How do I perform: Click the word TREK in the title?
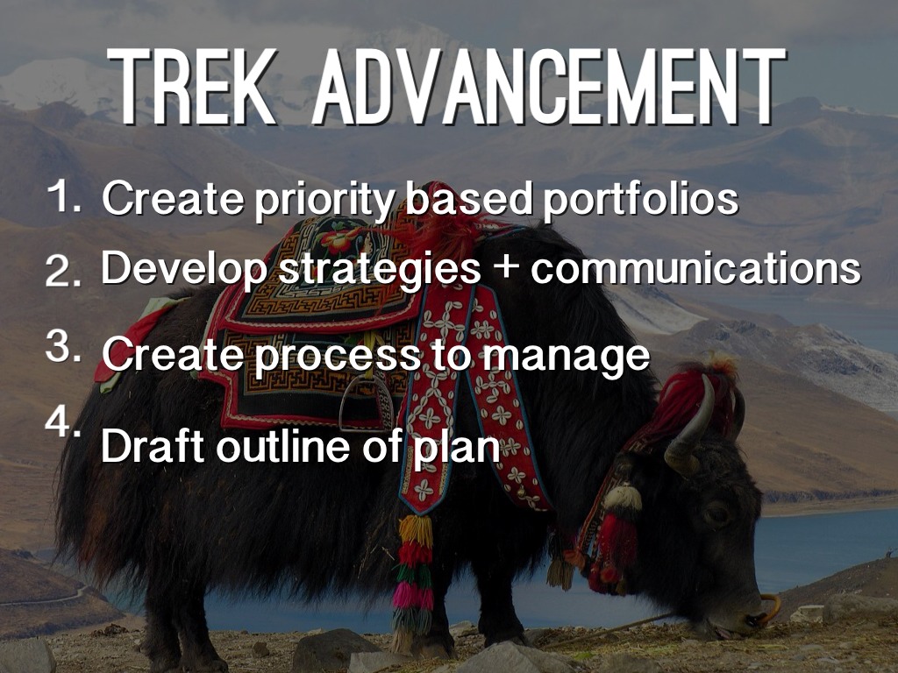[x=192, y=86]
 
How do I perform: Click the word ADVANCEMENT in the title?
[x=549, y=86]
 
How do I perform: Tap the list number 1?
[x=63, y=195]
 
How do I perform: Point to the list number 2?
[x=63, y=270]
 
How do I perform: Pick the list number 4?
[x=63, y=423]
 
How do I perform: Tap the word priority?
[x=324, y=201]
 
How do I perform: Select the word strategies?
[x=379, y=269]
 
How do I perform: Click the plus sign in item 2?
[x=505, y=267]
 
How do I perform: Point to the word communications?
[x=695, y=268]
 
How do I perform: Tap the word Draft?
[x=153, y=445]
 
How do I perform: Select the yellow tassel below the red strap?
[x=416, y=530]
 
